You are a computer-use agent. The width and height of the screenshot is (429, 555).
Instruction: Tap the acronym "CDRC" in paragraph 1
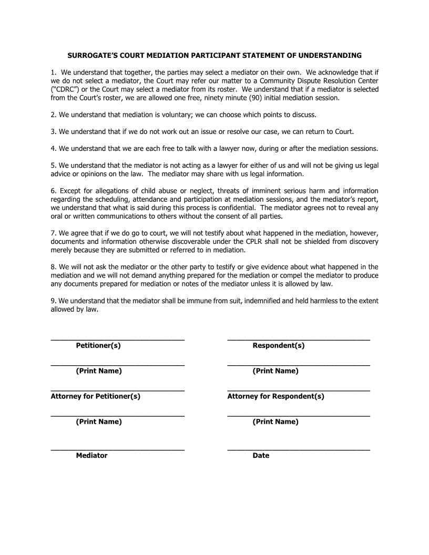(65, 89)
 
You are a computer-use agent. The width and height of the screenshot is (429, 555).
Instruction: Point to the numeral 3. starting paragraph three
(53, 131)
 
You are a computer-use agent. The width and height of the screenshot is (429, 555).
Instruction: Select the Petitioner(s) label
(98, 346)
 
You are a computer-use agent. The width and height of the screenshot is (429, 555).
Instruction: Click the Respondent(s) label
(279, 346)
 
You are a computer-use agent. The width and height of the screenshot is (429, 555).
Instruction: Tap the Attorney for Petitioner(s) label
(95, 396)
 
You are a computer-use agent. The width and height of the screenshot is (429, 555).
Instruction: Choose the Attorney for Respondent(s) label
(275, 396)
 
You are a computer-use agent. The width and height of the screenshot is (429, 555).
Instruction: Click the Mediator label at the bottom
(91, 456)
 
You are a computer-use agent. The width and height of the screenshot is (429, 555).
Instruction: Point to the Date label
(261, 456)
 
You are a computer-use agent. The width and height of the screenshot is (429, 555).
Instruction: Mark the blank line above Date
(298, 450)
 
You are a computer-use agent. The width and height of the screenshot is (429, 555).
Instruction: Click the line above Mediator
(117, 450)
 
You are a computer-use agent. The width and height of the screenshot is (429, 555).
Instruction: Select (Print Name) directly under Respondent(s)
(275, 371)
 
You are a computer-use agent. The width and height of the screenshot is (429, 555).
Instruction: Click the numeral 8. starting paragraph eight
(53, 267)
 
